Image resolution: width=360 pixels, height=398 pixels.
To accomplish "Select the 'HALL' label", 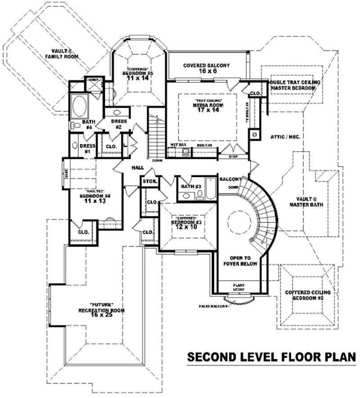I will pos(138,167).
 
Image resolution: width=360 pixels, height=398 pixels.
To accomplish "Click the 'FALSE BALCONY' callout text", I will pos(214,306).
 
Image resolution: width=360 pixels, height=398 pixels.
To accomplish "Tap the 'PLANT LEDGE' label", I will pos(238,287).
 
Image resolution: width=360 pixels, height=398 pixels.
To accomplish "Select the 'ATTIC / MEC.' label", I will pos(285,136).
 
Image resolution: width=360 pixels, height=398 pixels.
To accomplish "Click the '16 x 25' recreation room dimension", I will pos(101,315).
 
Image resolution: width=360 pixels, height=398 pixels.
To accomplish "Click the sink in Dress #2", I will pos(117,113).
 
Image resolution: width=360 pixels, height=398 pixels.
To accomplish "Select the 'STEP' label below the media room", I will pos(232,157).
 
